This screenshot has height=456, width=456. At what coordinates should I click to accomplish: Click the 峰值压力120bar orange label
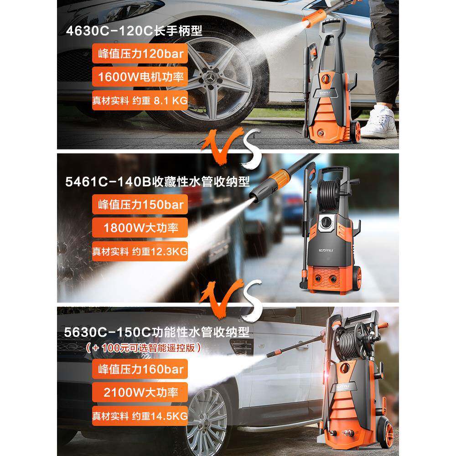tap(140, 53)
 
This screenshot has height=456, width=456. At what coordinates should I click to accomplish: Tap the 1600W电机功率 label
tap(140, 77)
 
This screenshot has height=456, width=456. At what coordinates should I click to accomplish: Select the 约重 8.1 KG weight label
tap(140, 100)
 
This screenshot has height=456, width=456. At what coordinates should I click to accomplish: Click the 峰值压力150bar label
tap(140, 204)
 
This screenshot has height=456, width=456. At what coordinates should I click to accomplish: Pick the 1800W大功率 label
tap(140, 228)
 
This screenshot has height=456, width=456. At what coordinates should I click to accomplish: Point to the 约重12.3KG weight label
tap(140, 251)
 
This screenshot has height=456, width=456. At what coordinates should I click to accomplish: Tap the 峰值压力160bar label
tap(140, 369)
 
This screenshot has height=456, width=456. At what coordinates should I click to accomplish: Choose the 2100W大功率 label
tap(140, 392)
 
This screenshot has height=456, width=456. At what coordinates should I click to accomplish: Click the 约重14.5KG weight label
tap(140, 416)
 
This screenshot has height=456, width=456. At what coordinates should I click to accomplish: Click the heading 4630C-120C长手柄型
tap(134, 31)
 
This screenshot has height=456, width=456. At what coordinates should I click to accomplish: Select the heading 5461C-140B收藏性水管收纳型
tap(157, 181)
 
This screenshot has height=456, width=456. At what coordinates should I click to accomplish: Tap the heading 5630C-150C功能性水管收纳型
tap(157, 332)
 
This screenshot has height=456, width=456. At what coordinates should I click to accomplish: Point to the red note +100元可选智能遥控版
tap(143, 347)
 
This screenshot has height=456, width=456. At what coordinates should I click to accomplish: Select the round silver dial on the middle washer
tap(326, 223)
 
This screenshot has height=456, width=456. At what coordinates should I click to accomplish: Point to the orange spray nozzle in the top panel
tap(313, 18)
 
